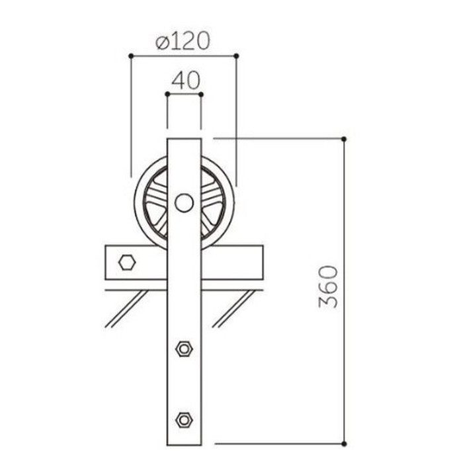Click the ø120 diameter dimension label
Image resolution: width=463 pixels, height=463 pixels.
click(x=183, y=40)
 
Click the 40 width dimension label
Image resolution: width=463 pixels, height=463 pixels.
click(x=186, y=80)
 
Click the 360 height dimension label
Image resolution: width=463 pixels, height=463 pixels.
click(x=328, y=286)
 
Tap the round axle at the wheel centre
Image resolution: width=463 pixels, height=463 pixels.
click(x=184, y=202)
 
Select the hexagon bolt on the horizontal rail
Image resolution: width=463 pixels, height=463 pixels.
click(x=127, y=262)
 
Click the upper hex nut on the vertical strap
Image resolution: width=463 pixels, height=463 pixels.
click(x=184, y=349)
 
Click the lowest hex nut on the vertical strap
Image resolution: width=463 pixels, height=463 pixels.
click(x=184, y=419)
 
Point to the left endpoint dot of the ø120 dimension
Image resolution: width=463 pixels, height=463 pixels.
click(x=131, y=56)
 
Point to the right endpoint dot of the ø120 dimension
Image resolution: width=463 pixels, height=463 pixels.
click(x=236, y=56)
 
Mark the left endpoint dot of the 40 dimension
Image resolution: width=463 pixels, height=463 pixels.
click(x=167, y=94)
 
